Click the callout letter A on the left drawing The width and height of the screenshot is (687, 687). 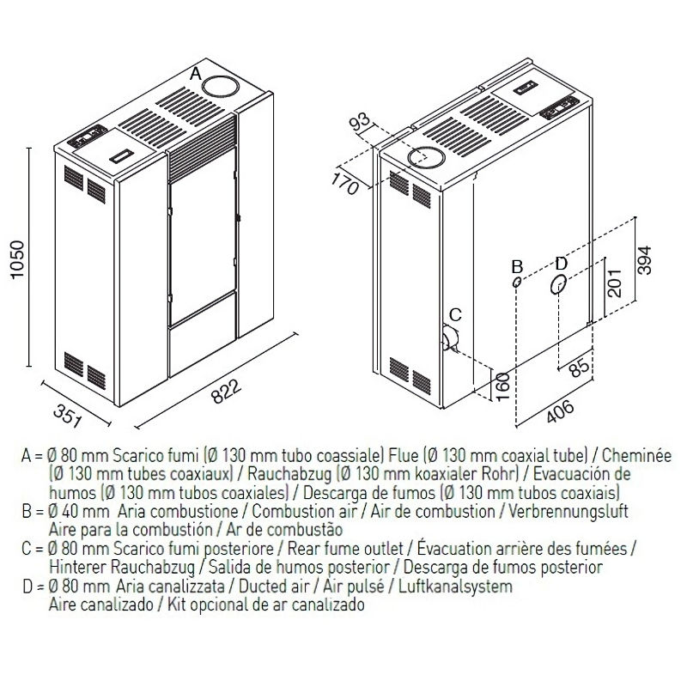[196, 75]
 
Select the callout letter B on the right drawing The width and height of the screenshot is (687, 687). [517, 264]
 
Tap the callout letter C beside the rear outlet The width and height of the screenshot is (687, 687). [456, 313]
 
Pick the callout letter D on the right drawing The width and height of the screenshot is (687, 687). [561, 263]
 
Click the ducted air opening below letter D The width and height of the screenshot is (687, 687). [559, 285]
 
